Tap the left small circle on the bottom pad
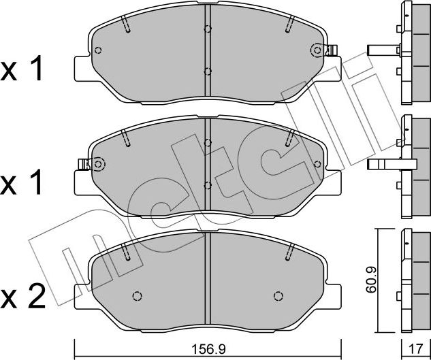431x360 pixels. [136, 295]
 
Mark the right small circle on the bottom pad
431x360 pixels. [277, 295]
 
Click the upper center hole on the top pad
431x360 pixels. [208, 29]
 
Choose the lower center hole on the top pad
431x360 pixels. [208, 71]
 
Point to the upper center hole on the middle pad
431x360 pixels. [208, 142]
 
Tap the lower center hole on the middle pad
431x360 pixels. [208, 184]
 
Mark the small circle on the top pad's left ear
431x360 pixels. [98, 50]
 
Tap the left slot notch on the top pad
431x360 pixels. [127, 24]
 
